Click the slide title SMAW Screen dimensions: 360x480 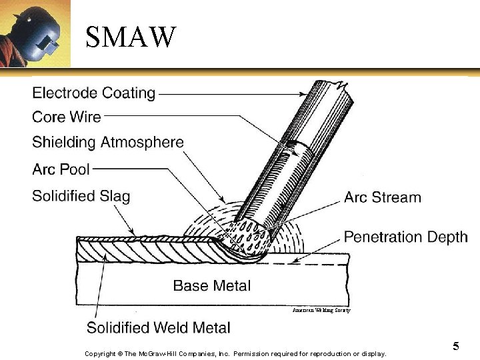(x=131, y=37)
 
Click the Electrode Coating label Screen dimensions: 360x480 (x=93, y=93)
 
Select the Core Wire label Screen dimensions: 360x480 (x=67, y=117)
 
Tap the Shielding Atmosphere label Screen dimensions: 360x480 (x=107, y=142)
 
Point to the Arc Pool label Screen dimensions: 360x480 (x=61, y=169)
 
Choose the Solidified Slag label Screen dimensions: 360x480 (x=81, y=196)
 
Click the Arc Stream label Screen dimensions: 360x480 (x=382, y=197)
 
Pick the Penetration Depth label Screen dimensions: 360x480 (x=405, y=237)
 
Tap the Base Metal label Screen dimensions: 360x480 (x=211, y=286)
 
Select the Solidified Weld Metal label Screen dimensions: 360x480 (x=159, y=328)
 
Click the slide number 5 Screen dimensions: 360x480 (x=456, y=346)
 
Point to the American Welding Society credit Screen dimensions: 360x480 (x=321, y=310)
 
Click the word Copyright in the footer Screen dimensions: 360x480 (x=100, y=353)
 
